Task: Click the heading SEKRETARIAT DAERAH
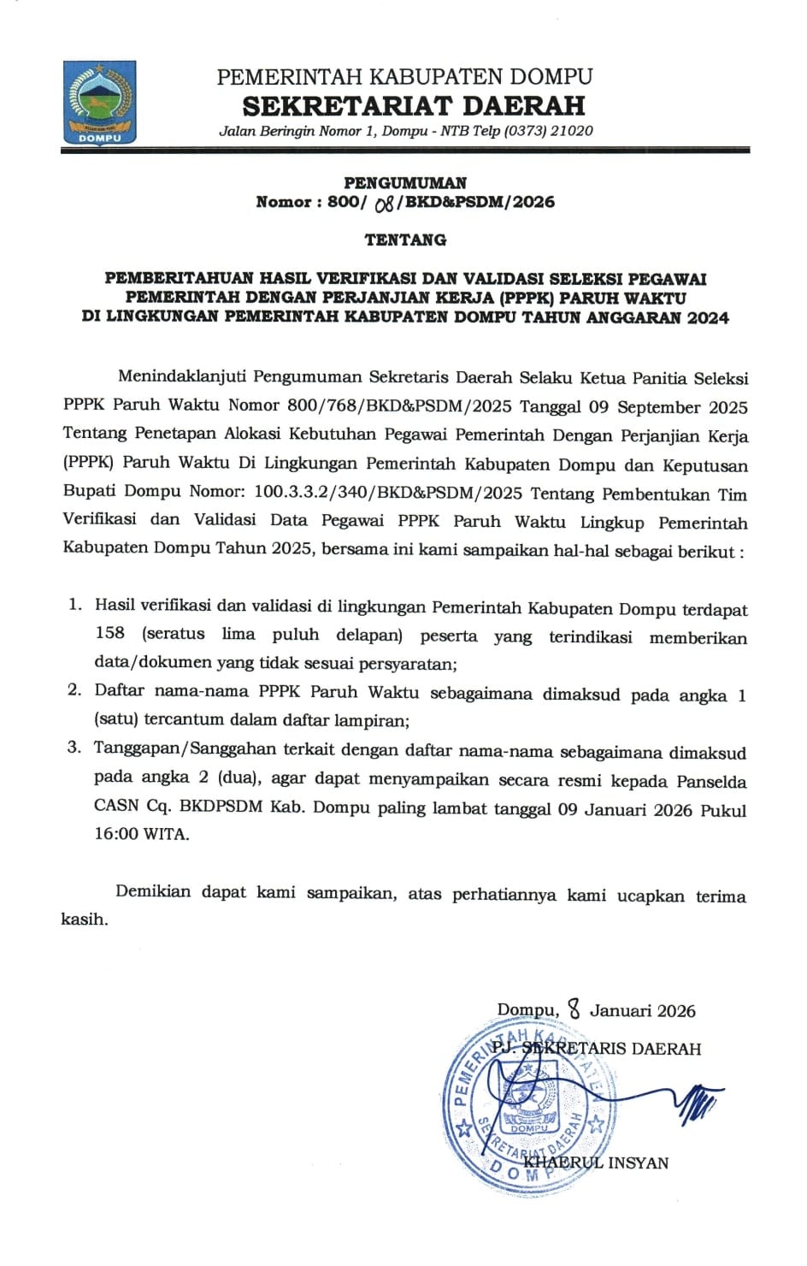click(x=414, y=105)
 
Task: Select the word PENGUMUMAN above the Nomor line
click(x=405, y=182)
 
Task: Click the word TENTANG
click(x=405, y=240)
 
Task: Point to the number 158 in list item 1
click(x=109, y=634)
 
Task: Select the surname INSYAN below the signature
click(x=638, y=1162)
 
